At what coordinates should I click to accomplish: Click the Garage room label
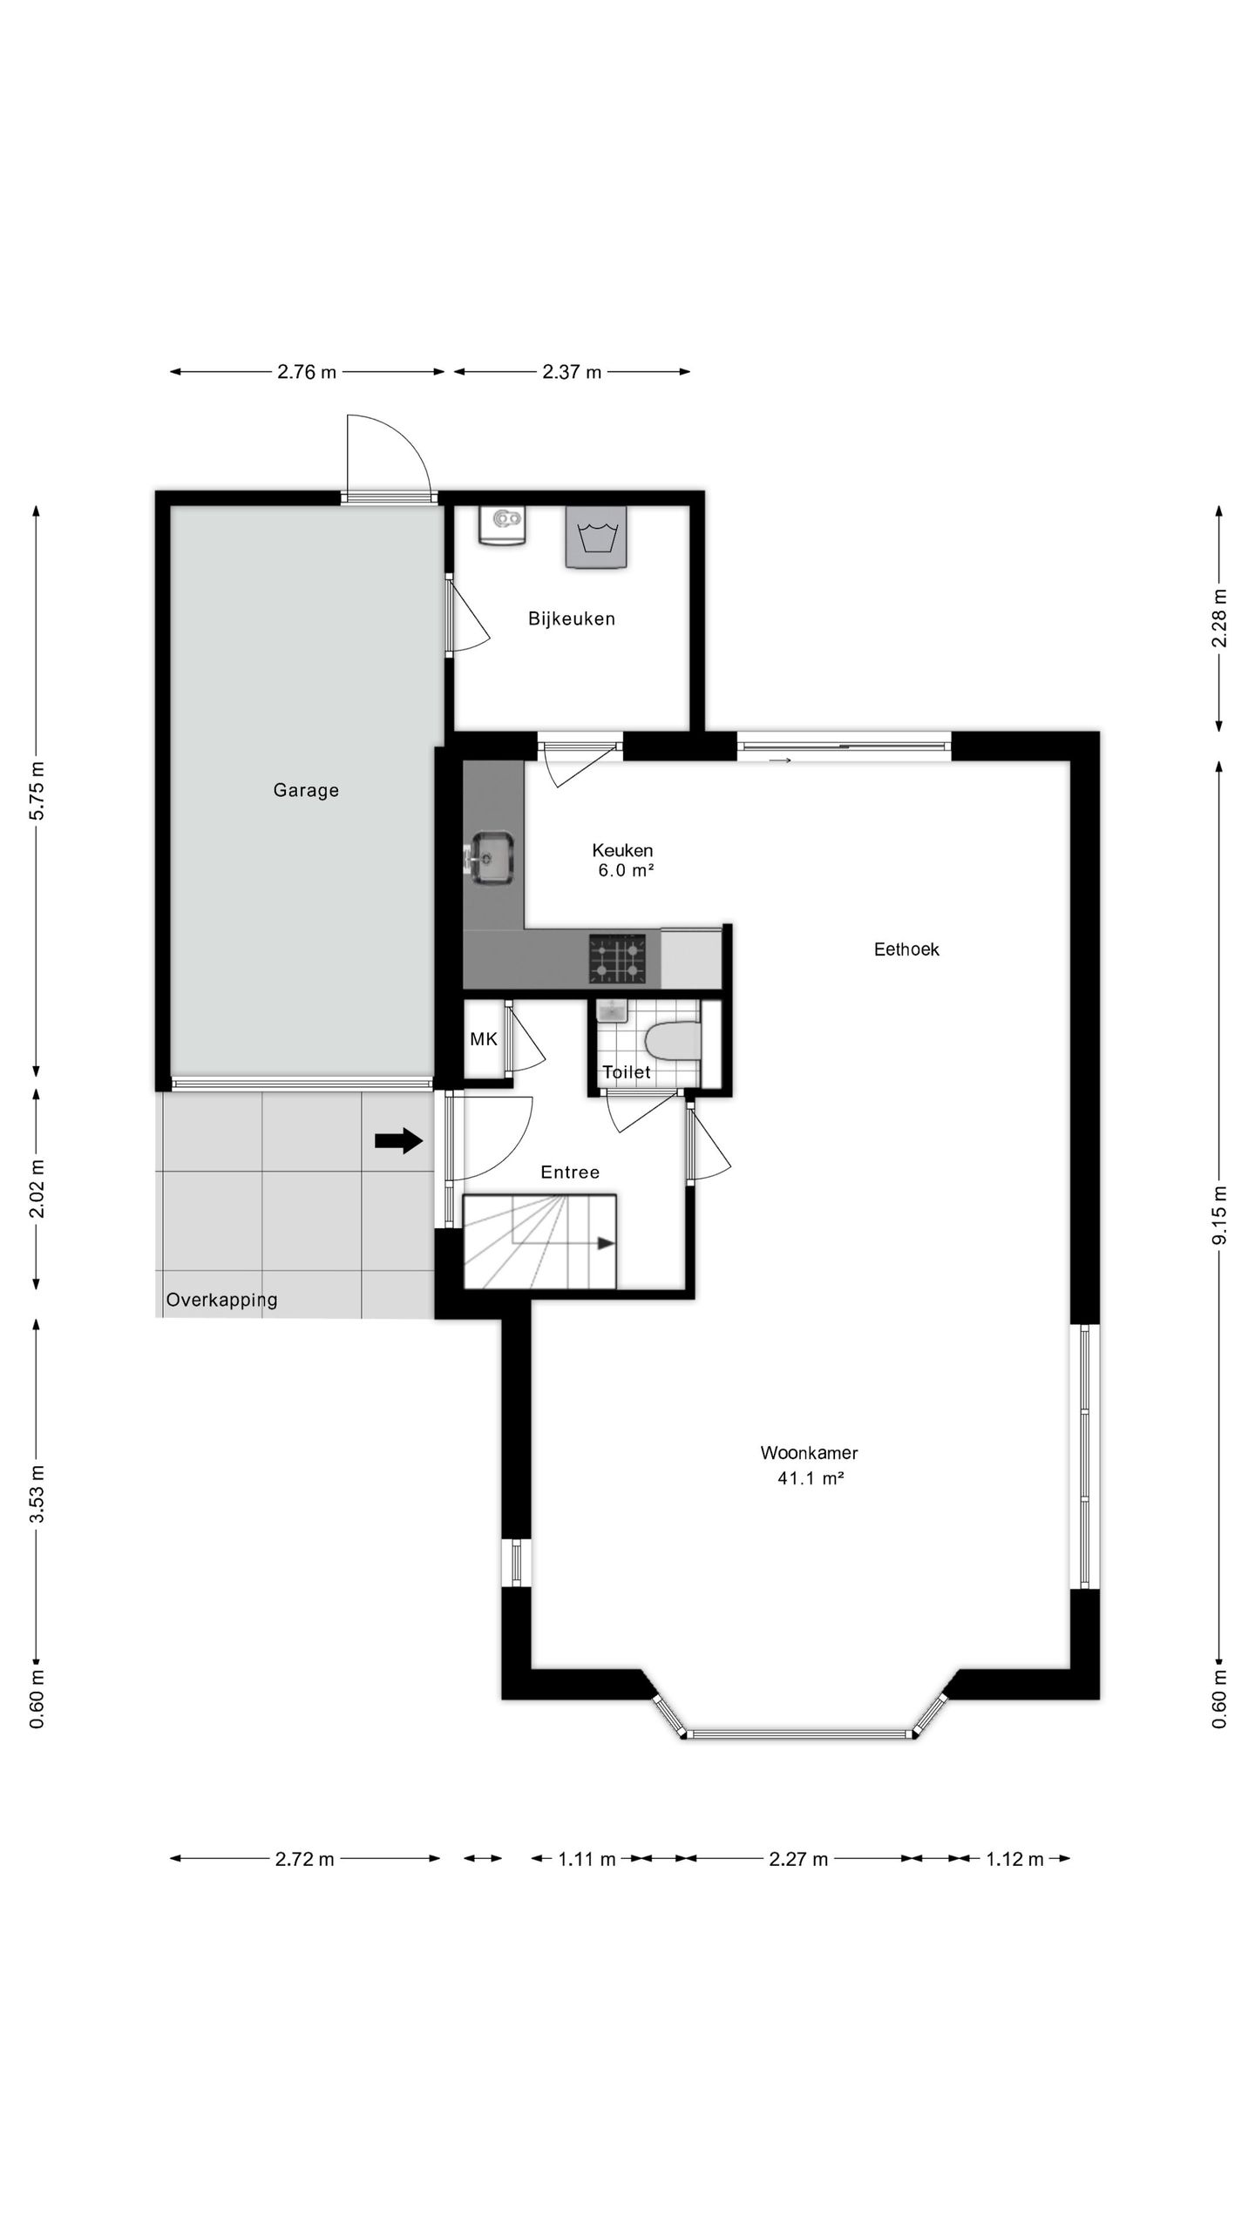306,790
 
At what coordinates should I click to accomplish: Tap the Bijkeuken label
572,618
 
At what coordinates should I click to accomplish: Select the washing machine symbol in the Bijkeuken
597,537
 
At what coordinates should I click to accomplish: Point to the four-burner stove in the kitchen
618,958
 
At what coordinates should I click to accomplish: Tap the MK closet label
484,1039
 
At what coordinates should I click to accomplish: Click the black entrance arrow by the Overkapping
399,1141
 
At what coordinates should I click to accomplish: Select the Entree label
570,1172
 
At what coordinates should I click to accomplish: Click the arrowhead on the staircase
605,1244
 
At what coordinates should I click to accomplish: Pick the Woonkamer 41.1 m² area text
810,1465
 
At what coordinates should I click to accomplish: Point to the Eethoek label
906,949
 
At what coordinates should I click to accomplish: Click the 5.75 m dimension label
37,790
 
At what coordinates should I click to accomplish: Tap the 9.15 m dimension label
1219,1215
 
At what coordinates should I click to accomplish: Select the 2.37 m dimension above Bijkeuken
572,372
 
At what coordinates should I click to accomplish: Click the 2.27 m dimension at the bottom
798,1860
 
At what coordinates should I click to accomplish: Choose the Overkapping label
222,1300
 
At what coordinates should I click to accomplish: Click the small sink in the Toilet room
613,1010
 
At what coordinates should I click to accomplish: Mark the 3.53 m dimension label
37,1494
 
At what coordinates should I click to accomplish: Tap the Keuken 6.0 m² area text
624,860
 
